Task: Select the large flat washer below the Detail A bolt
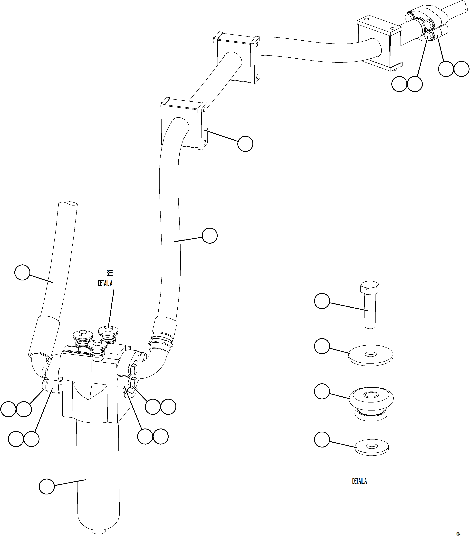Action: click(371, 355)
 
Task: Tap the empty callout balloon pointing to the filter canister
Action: click(47, 486)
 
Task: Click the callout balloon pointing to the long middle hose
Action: click(210, 235)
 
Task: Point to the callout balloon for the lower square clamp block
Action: click(245, 143)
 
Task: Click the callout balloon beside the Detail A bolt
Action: click(322, 301)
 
